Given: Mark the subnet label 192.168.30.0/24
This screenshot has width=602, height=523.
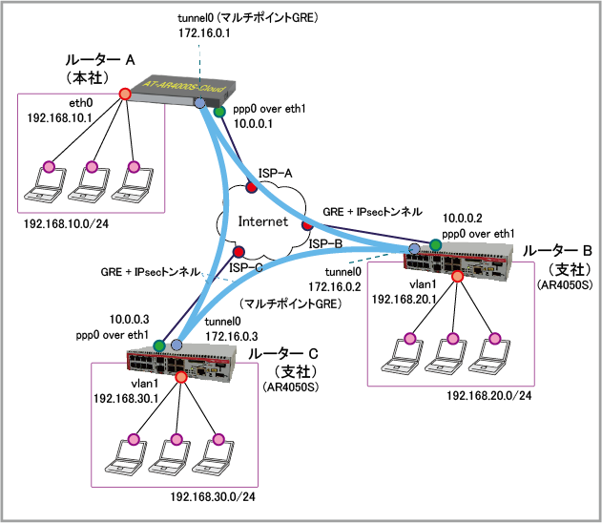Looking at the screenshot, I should click(214, 497).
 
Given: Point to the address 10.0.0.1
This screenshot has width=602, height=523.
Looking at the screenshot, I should click(253, 122).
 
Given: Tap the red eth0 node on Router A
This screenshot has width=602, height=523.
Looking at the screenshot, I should click(124, 94).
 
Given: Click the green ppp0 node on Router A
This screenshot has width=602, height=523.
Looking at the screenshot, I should click(218, 113).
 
